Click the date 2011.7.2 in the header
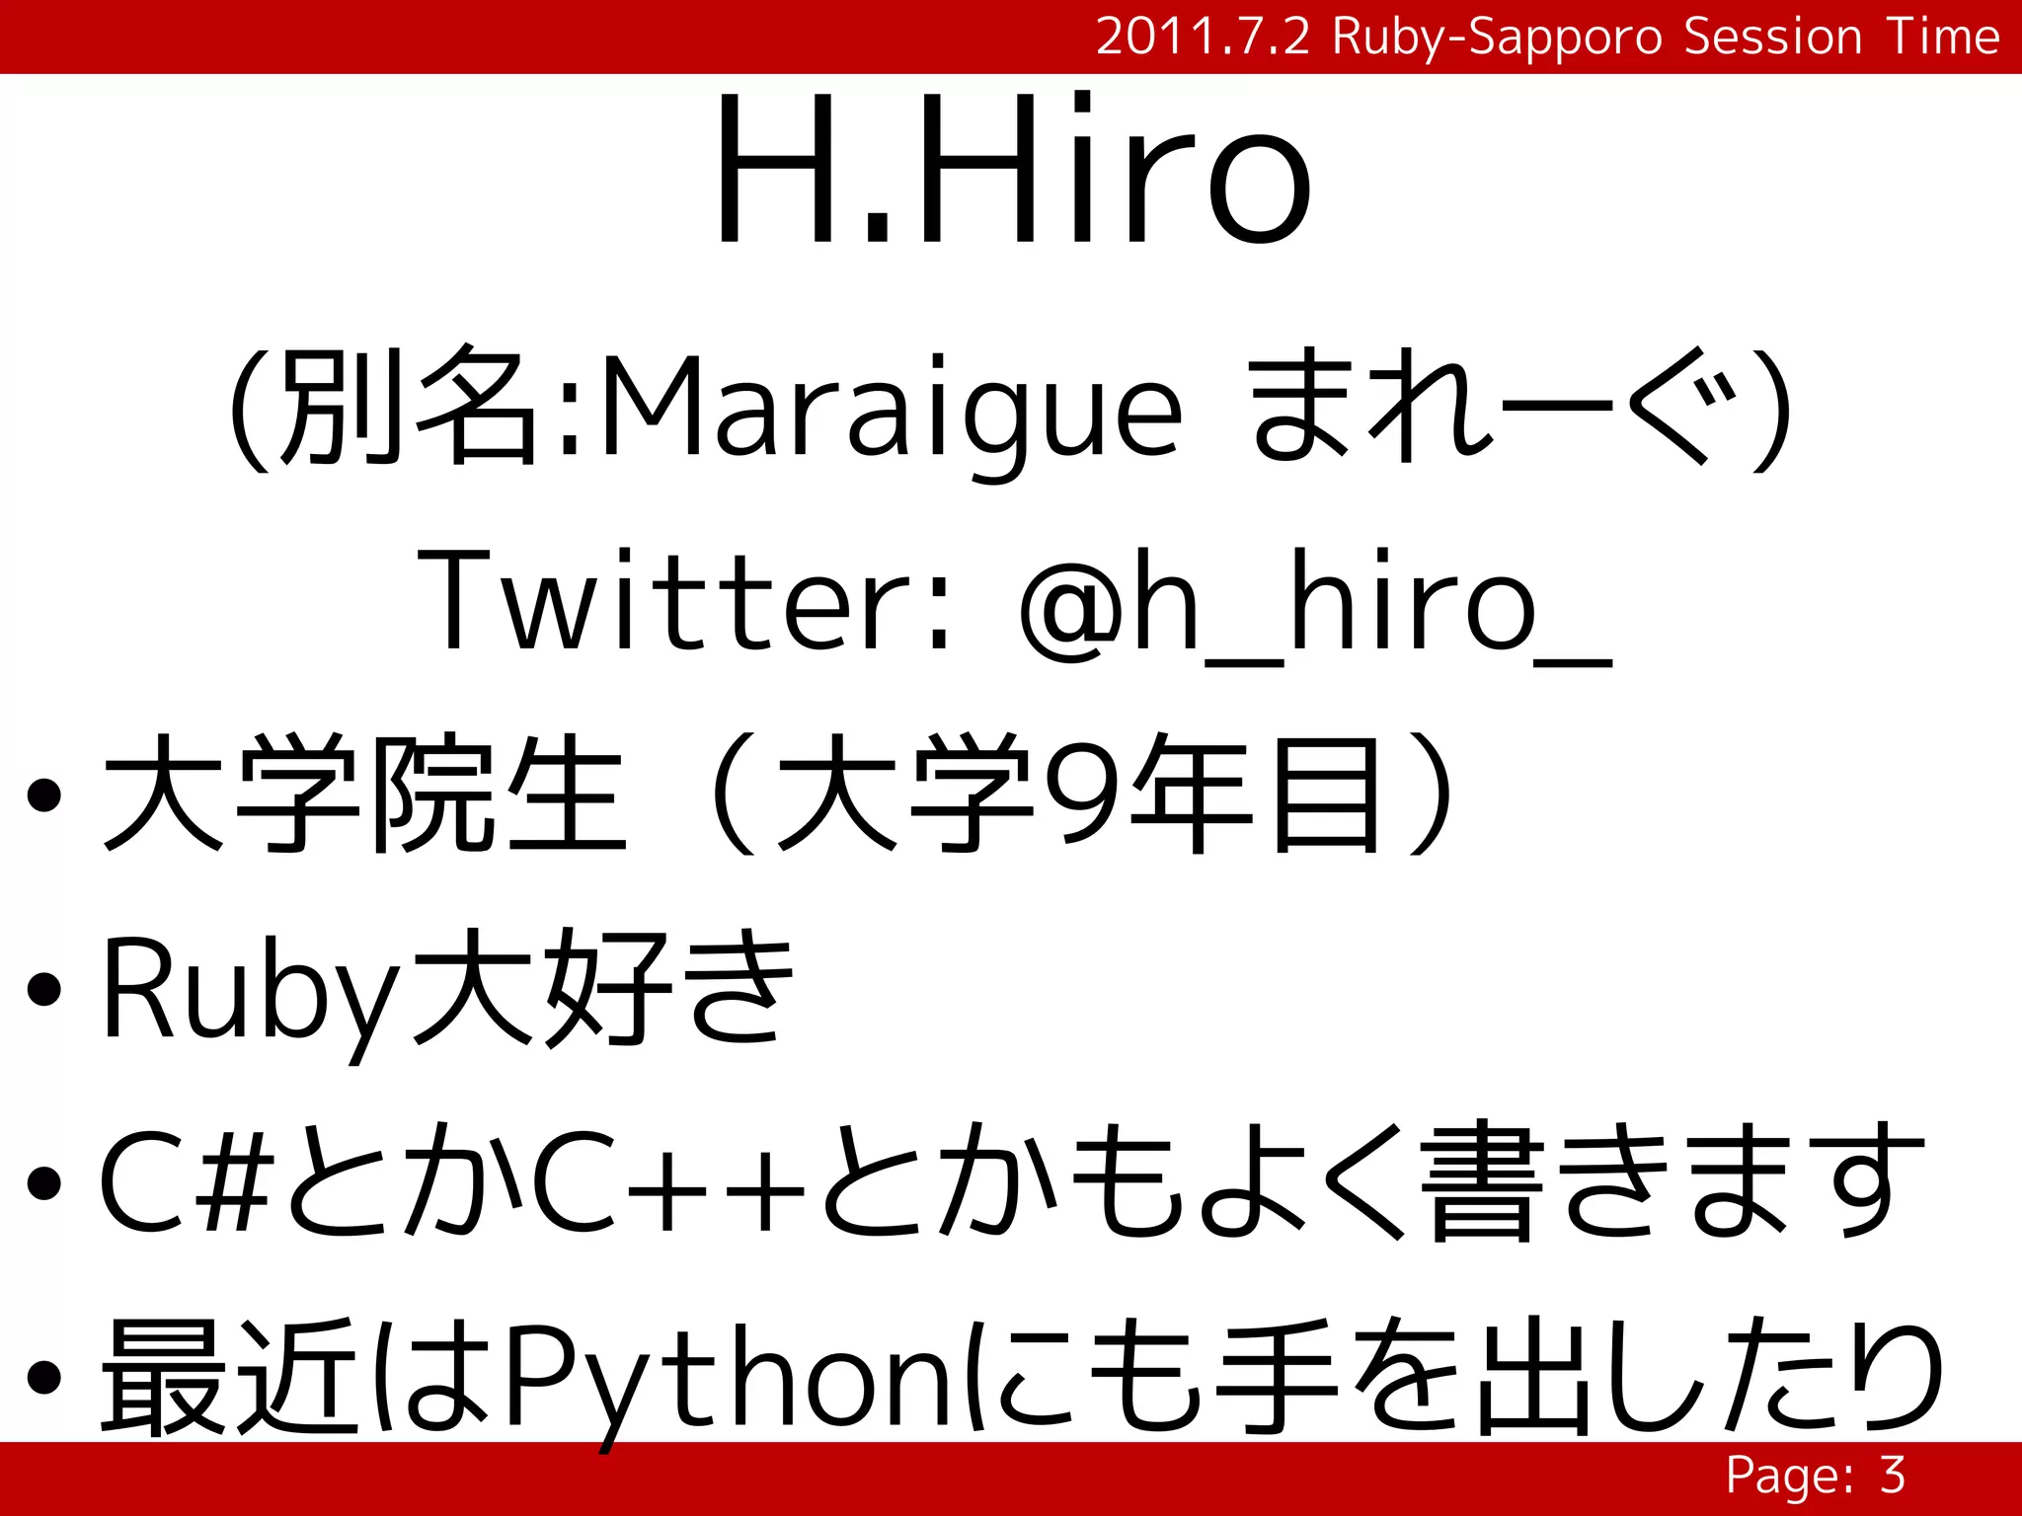point(1203,38)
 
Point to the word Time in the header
point(1943,38)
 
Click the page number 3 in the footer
point(1892,1476)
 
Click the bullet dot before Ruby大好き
point(44,990)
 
